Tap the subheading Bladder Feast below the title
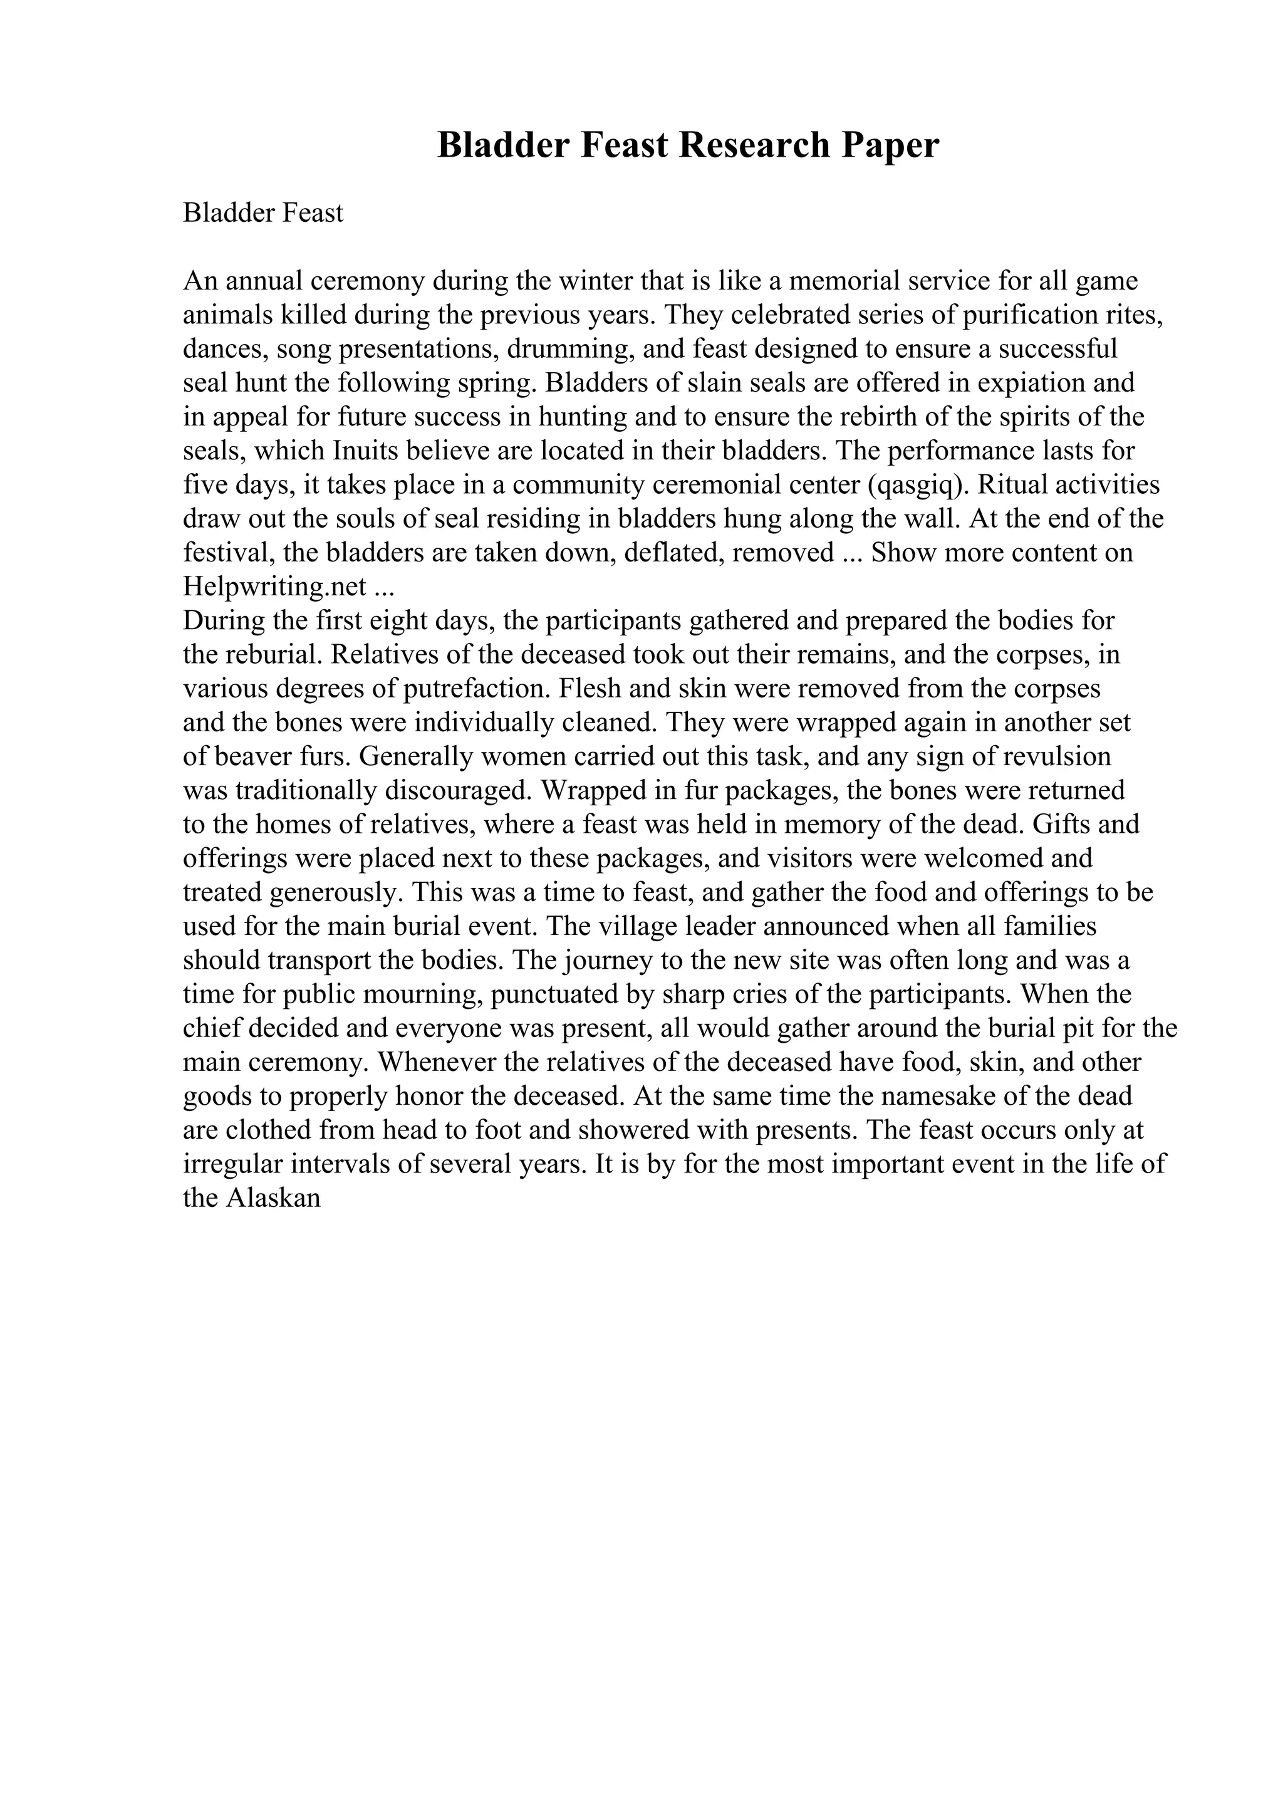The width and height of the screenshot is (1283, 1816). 263,213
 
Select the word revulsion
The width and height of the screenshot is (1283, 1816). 1057,756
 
